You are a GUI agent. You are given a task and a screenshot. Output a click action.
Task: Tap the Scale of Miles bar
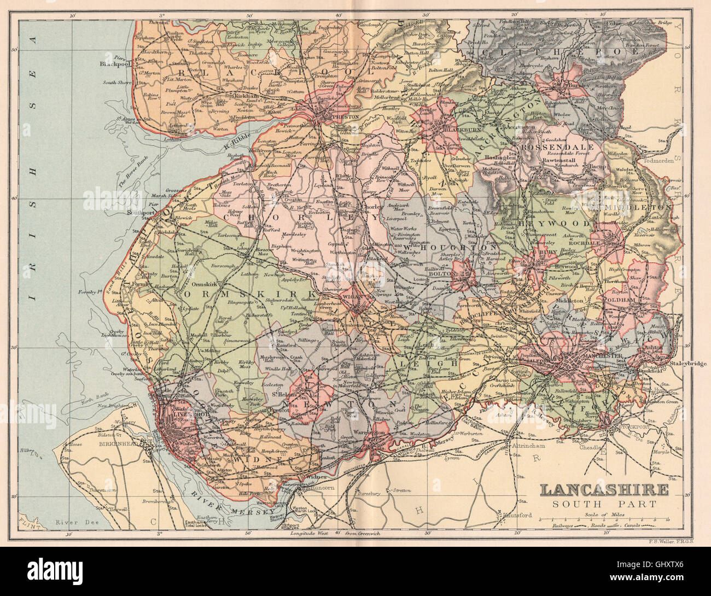[604, 518]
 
